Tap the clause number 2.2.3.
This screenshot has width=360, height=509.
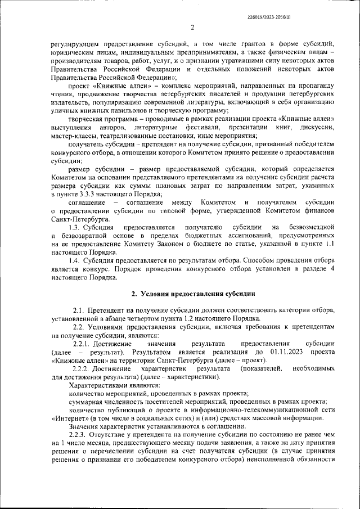(x=76, y=435)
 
